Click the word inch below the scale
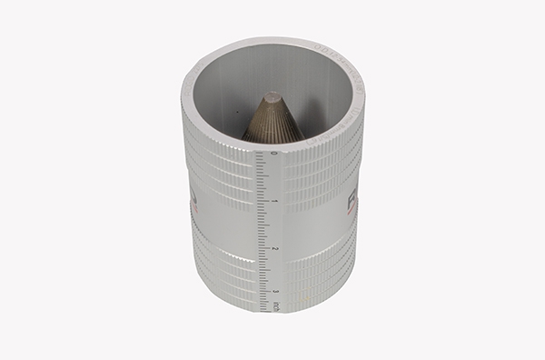point(276,307)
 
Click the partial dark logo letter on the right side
point(353,202)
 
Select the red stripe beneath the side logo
point(350,221)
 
